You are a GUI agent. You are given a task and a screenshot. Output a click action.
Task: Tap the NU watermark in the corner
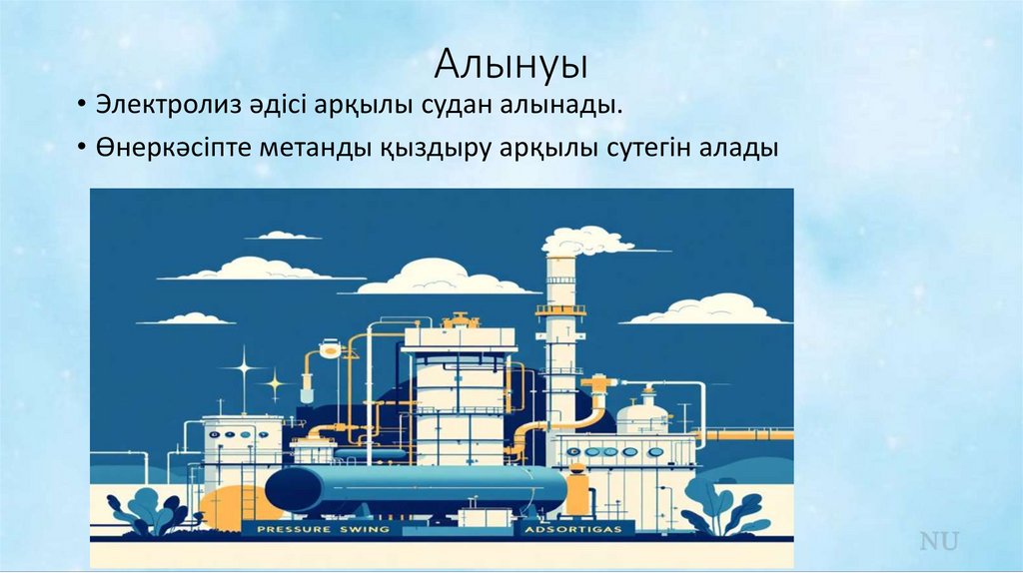939,542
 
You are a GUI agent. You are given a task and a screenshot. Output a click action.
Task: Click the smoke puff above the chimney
586,241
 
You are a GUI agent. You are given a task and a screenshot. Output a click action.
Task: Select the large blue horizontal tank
416,489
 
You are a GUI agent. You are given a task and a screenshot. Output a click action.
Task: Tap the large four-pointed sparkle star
242,367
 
